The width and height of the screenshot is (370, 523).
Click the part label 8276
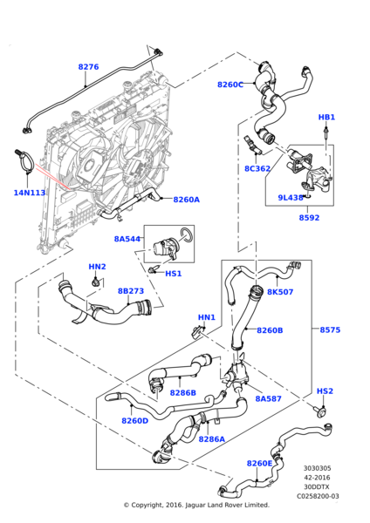(88, 67)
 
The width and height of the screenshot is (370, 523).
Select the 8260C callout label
(230, 85)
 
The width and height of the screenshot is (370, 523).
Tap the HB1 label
(326, 117)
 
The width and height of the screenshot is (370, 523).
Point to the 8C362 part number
(257, 169)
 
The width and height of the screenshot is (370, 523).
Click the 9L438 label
(290, 198)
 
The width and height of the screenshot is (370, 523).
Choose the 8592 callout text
(309, 218)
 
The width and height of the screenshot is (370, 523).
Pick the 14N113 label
(29, 193)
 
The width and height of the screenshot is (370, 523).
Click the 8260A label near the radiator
(186, 200)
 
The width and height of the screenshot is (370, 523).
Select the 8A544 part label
(127, 238)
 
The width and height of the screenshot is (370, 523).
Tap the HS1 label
(174, 274)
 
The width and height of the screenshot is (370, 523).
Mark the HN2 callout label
(97, 267)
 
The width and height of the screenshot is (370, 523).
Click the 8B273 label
(131, 291)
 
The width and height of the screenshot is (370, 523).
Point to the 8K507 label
(280, 292)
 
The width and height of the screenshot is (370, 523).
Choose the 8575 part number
(330, 330)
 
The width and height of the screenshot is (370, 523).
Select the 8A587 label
(267, 398)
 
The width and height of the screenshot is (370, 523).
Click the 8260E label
(260, 463)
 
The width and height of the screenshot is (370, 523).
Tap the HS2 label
(325, 391)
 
